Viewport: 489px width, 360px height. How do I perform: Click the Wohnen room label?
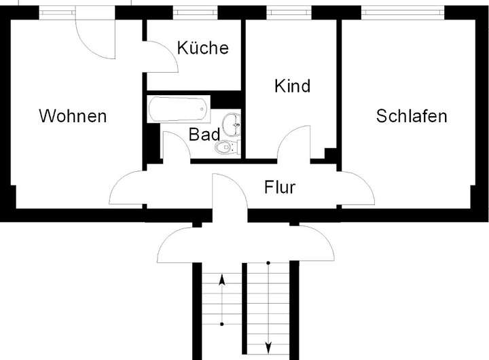[x=73, y=115]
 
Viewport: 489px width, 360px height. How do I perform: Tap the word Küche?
[x=202, y=48]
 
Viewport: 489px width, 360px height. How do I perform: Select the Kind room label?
[x=292, y=86]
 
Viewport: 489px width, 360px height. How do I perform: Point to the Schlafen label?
[x=412, y=116]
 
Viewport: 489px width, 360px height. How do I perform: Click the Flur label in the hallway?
[x=280, y=187]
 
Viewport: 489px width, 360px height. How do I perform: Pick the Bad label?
[x=204, y=134]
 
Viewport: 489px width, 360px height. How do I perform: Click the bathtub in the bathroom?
[x=177, y=109]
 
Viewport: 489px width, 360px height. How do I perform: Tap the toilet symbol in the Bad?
[x=226, y=147]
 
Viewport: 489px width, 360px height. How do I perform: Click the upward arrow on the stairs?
[x=222, y=299]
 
